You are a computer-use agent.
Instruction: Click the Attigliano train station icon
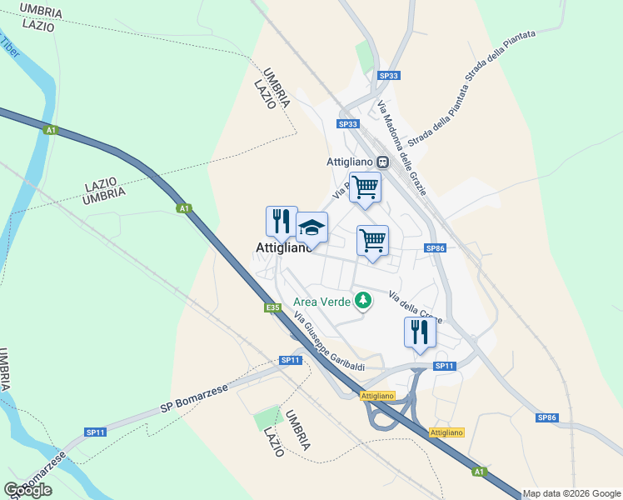coord(382,162)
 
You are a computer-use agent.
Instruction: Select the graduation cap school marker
coord(311,228)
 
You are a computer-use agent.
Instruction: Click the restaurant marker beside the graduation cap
coord(282,222)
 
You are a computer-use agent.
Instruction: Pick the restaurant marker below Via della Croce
coord(420,332)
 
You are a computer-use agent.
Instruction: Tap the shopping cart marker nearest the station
coord(365,187)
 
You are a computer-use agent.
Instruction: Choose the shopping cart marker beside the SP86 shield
coord(372,242)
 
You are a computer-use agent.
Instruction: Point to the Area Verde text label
coord(321,301)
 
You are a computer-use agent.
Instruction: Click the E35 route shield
coord(273,307)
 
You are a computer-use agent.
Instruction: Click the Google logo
coord(27,490)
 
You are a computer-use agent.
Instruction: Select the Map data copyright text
coord(571,493)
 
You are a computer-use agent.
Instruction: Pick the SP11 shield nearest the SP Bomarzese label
coord(95,432)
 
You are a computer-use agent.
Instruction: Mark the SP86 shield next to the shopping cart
coord(435,248)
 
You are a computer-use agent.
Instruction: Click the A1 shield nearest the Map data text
coord(478,472)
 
